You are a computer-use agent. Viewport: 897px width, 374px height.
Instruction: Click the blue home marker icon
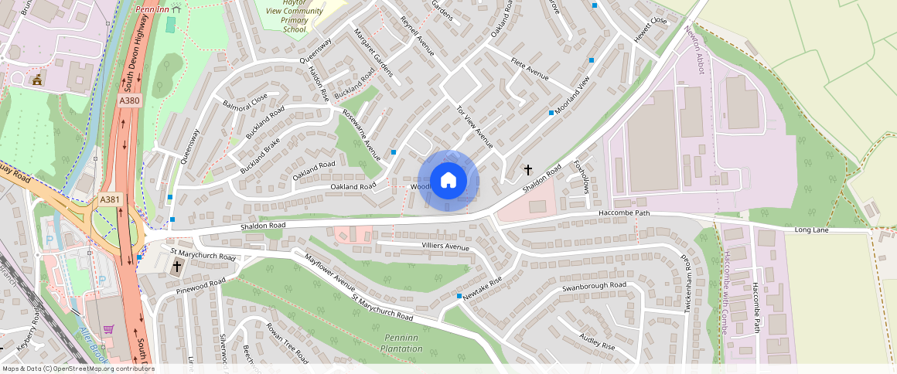click(x=448, y=181)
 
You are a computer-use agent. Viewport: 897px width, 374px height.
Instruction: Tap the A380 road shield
click(x=129, y=101)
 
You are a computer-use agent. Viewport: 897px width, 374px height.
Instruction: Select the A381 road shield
click(x=110, y=200)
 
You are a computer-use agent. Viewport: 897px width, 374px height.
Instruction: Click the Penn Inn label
click(x=152, y=9)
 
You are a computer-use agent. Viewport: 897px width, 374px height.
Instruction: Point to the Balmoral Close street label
click(x=244, y=100)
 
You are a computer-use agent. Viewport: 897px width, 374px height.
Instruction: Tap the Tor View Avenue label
click(x=474, y=126)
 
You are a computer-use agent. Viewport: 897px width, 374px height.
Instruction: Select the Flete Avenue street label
click(x=529, y=71)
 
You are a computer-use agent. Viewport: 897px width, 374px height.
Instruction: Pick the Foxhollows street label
click(x=581, y=177)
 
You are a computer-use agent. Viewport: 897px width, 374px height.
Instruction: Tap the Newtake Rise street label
click(x=483, y=287)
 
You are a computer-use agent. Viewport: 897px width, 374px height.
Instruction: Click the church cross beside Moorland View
click(x=529, y=168)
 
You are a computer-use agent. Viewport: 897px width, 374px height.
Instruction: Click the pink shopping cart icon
click(x=109, y=329)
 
